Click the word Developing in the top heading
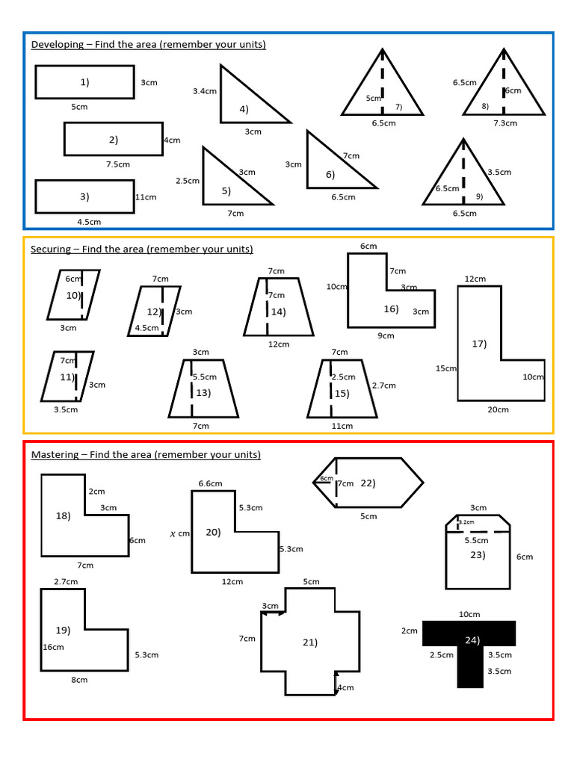coord(57,44)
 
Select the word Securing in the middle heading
coord(53,249)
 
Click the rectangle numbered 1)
coord(84,82)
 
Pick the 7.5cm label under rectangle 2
coord(118,164)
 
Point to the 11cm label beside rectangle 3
coord(146,197)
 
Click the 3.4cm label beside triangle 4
coord(204,91)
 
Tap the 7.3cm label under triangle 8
coord(505,123)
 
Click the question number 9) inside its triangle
coord(479,197)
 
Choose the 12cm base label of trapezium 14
coord(279,344)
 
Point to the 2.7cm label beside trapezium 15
coord(383,385)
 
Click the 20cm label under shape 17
coord(498,409)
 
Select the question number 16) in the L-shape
coord(391,309)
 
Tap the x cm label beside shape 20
coord(180,533)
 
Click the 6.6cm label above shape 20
coord(210,483)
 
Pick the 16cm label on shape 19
coord(53,647)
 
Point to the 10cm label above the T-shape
coord(469,614)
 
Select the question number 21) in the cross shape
coord(310,642)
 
